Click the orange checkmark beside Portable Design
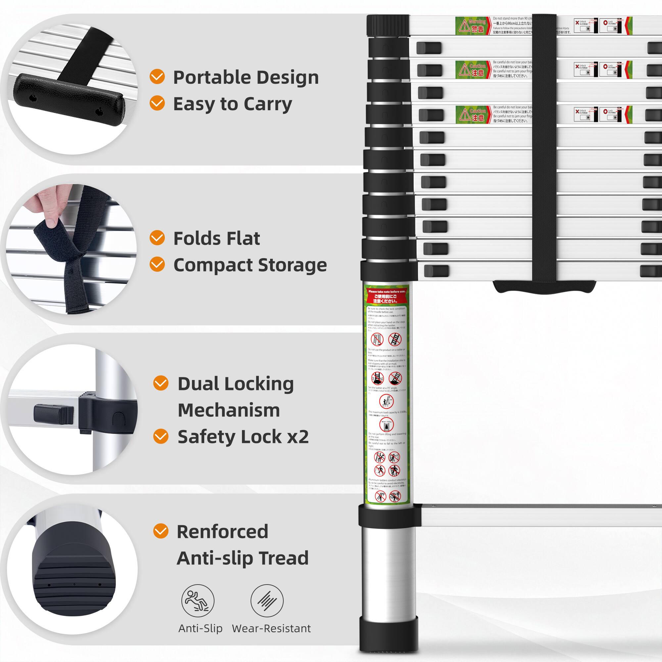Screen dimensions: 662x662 [157, 76]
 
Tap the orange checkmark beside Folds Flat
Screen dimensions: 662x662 [157, 237]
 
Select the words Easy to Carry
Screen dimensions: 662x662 [232, 104]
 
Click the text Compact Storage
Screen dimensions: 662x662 [250, 265]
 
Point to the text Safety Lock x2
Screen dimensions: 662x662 [243, 437]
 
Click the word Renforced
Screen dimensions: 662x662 [222, 532]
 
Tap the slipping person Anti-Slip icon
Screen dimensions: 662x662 [198, 601]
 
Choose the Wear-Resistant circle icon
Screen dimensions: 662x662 [267, 601]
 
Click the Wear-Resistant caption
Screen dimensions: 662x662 [271, 629]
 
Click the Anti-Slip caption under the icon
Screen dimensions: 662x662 [201, 629]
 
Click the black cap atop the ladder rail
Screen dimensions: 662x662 [388, 25]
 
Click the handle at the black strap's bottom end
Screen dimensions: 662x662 [544, 287]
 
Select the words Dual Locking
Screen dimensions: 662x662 [235, 384]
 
